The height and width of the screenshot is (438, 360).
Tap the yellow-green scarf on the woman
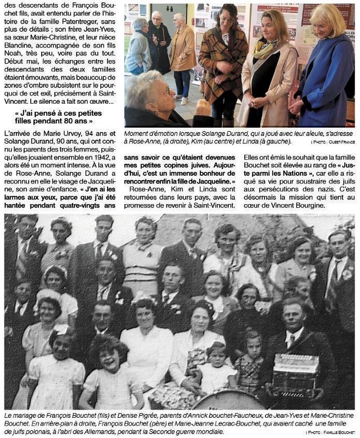pyautogui.click(x=265, y=48)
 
